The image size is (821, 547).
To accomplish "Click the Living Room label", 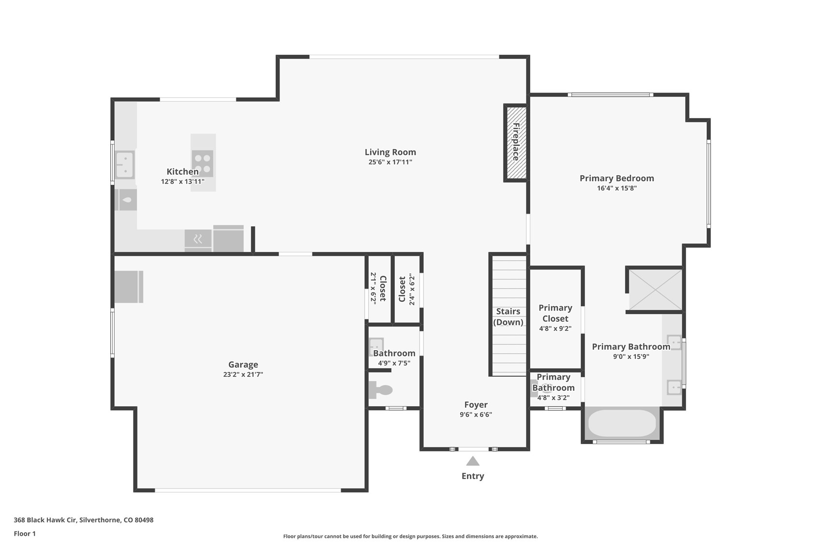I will click(x=390, y=152).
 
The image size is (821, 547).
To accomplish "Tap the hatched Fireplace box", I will click(x=516, y=142).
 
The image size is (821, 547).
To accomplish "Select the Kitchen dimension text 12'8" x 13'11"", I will click(x=182, y=182).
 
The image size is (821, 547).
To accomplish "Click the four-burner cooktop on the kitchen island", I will click(x=202, y=163).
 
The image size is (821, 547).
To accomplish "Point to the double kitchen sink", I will click(x=124, y=164).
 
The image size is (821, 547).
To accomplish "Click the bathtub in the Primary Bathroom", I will click(x=622, y=423).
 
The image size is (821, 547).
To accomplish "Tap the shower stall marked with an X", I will click(x=655, y=289).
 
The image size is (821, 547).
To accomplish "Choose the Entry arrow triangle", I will click(x=473, y=461).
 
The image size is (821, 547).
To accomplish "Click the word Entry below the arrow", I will click(x=473, y=476).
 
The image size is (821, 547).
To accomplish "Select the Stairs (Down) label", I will click(x=508, y=317).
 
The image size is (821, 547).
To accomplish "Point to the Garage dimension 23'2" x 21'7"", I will click(x=243, y=374).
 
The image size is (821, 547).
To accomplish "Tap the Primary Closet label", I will click(x=555, y=313).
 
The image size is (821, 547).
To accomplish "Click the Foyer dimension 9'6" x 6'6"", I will click(x=476, y=414).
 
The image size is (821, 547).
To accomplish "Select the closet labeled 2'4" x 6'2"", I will click(x=406, y=289).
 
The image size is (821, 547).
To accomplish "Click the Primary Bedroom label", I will click(x=616, y=178).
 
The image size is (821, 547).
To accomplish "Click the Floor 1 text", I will click(x=25, y=533).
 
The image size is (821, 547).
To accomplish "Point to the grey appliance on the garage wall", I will click(x=129, y=286).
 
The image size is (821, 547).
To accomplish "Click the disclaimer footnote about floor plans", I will click(x=410, y=536).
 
